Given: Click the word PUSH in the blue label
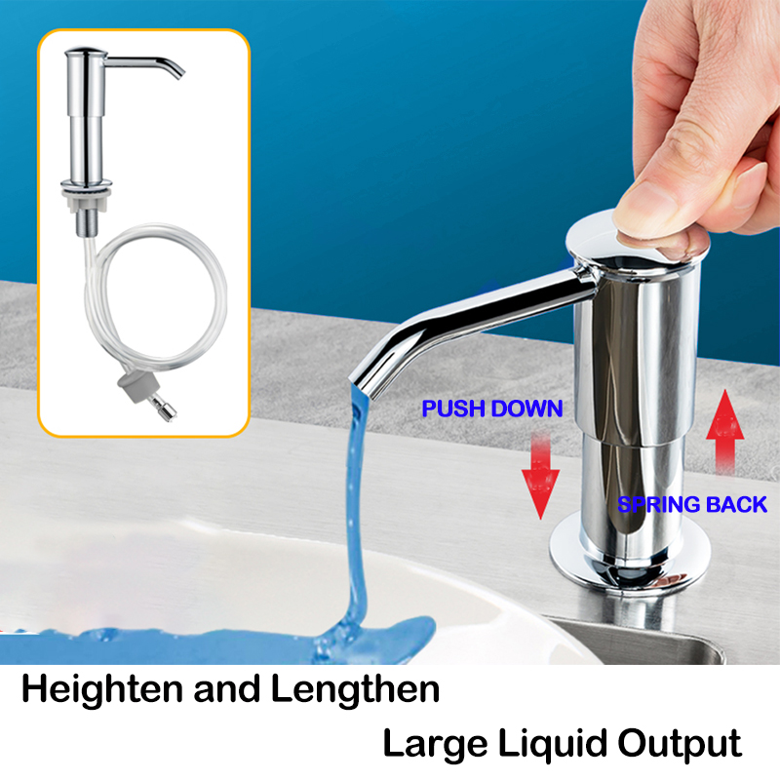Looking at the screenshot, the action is [x=452, y=409].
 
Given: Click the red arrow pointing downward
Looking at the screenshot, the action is [x=541, y=476].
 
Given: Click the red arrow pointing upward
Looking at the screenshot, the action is [x=725, y=432].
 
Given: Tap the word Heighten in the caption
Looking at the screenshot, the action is [x=102, y=690].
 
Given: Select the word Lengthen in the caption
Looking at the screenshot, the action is [x=355, y=689].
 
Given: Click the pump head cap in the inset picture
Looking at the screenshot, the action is [x=86, y=53].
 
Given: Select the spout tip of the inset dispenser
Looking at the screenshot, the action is [x=178, y=74].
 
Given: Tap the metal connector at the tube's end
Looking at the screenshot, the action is [x=164, y=408].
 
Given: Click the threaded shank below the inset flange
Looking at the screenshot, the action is [x=87, y=222].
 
